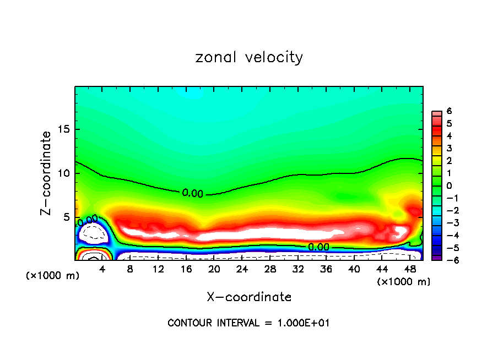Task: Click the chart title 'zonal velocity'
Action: point(249,57)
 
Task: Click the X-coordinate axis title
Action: point(249,297)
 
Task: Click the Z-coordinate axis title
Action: point(48,173)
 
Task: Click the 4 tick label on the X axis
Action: point(102,269)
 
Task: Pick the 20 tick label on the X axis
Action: point(214,269)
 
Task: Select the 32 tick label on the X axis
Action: point(298,269)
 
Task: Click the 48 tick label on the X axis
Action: point(409,269)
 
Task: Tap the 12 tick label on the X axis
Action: point(158,269)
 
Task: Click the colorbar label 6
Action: point(449,111)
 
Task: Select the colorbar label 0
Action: point(449,186)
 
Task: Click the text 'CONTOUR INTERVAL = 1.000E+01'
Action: point(249,323)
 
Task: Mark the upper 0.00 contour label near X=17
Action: point(192,193)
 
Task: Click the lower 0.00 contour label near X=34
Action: point(318,247)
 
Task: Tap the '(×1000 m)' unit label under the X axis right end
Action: point(403,282)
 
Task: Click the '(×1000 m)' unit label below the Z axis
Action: point(52,276)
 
